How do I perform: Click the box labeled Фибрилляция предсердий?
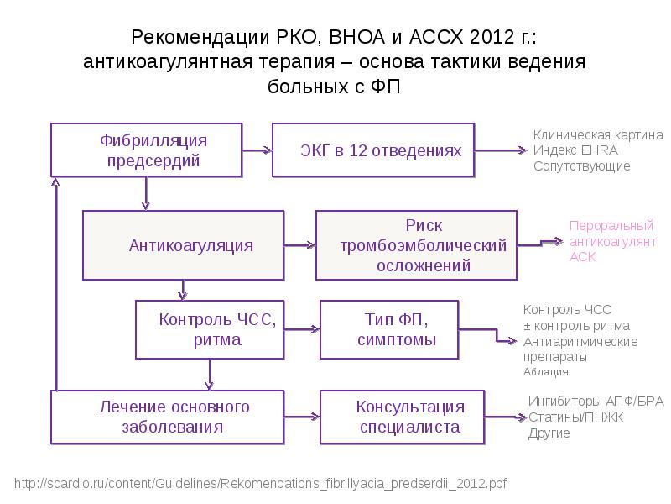tap(146, 150)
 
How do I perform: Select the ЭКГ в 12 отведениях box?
tap(373, 150)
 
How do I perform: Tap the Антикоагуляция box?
tap(183, 245)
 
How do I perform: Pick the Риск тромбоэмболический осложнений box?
tap(416, 245)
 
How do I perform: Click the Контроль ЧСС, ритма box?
tap(210, 329)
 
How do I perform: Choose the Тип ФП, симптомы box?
tap(389, 329)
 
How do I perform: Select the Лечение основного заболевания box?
tap(167, 417)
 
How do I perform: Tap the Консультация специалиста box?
tap(403, 417)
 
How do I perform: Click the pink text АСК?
tap(582, 257)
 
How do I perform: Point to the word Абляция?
tap(546, 371)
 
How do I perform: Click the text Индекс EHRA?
tap(575, 150)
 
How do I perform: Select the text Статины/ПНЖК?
tap(576, 417)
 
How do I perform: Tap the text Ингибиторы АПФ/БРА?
tap(596, 402)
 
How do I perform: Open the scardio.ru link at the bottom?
tap(260, 484)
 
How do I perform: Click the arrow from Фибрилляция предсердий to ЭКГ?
tap(257, 150)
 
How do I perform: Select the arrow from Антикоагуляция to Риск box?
tap(300, 245)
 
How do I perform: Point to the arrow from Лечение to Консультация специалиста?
tap(302, 417)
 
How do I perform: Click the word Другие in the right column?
tap(549, 433)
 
